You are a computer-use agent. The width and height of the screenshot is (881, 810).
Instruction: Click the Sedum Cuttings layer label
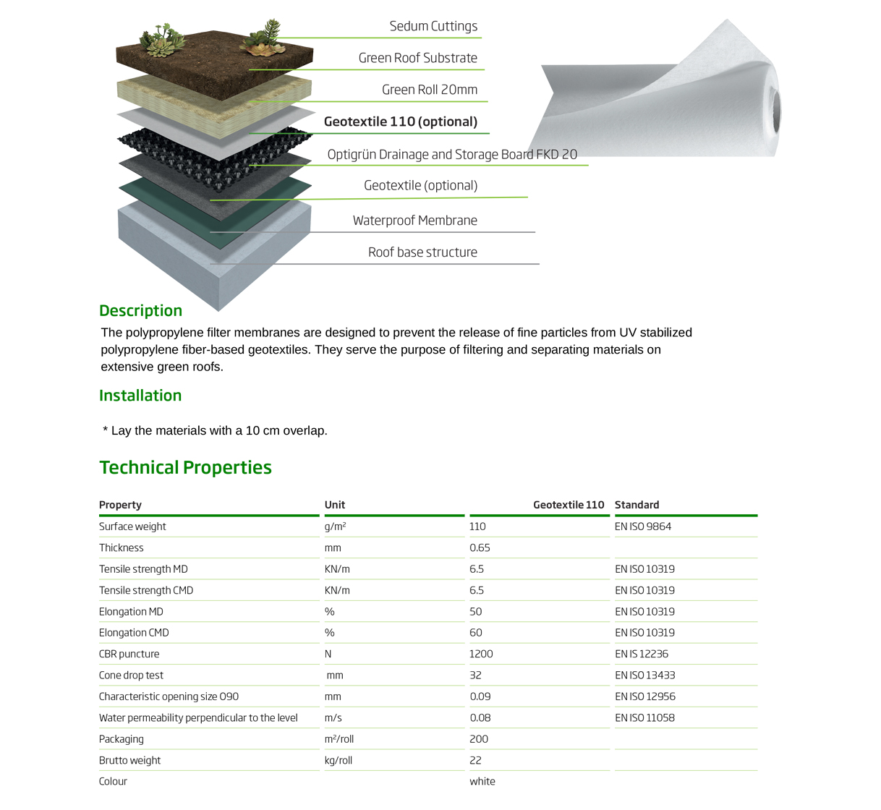pyautogui.click(x=433, y=26)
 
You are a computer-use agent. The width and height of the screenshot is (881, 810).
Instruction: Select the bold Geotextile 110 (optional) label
pyautogui.click(x=401, y=121)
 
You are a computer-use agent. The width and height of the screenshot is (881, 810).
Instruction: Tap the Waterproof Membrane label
pyautogui.click(x=414, y=221)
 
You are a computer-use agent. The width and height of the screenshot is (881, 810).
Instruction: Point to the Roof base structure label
pyautogui.click(x=422, y=252)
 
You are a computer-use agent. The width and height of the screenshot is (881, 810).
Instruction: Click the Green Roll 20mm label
pyautogui.click(x=430, y=90)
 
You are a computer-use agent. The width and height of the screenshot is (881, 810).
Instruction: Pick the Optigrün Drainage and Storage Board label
pyautogui.click(x=452, y=154)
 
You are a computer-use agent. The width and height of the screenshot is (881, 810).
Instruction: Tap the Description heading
pyautogui.click(x=140, y=311)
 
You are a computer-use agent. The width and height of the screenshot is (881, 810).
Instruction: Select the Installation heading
pyautogui.click(x=140, y=396)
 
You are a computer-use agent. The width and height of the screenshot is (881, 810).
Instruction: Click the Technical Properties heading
pyautogui.click(x=185, y=467)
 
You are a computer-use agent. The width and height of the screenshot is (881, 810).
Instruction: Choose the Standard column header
pyautogui.click(x=637, y=505)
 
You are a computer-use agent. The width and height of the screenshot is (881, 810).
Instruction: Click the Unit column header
pyautogui.click(x=335, y=505)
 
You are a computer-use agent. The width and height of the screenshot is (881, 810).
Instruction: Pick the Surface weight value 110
pyautogui.click(x=477, y=526)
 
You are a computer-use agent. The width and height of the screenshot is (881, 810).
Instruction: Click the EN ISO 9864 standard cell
pyautogui.click(x=643, y=526)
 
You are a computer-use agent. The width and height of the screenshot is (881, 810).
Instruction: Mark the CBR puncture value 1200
pyautogui.click(x=481, y=654)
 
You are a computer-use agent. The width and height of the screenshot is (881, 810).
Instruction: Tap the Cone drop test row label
pyautogui.click(x=131, y=675)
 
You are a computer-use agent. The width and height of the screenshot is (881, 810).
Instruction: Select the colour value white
pyautogui.click(x=482, y=782)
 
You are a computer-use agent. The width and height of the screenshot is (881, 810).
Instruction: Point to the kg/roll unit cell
pyautogui.click(x=339, y=760)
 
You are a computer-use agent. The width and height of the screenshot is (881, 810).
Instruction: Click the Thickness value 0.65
pyautogui.click(x=480, y=548)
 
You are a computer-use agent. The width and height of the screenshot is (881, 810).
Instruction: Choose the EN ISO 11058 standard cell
pyautogui.click(x=644, y=718)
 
